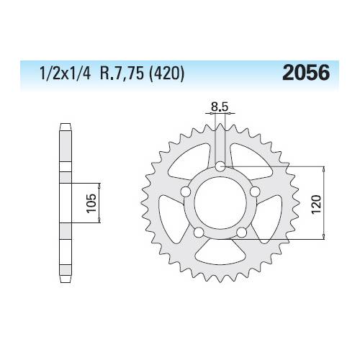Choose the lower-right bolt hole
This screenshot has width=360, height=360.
(240, 231)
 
